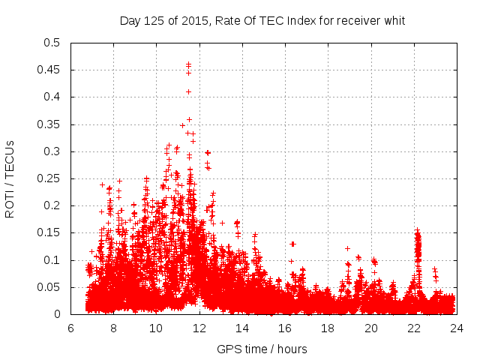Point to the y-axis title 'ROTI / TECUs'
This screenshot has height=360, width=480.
click(x=10, y=178)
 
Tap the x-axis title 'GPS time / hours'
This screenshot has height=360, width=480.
click(x=262, y=349)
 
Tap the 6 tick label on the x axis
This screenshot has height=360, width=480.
click(x=71, y=328)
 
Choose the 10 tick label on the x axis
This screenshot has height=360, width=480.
click(x=156, y=328)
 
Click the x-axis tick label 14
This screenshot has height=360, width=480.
click(x=242, y=328)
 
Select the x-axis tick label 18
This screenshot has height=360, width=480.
click(x=328, y=328)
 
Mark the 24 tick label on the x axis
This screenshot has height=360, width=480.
click(x=456, y=328)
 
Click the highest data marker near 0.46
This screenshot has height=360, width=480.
click(x=188, y=64)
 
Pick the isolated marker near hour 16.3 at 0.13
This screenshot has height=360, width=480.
click(x=292, y=244)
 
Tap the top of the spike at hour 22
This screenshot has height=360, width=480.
click(x=417, y=230)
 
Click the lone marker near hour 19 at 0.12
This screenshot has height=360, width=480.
click(x=347, y=248)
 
